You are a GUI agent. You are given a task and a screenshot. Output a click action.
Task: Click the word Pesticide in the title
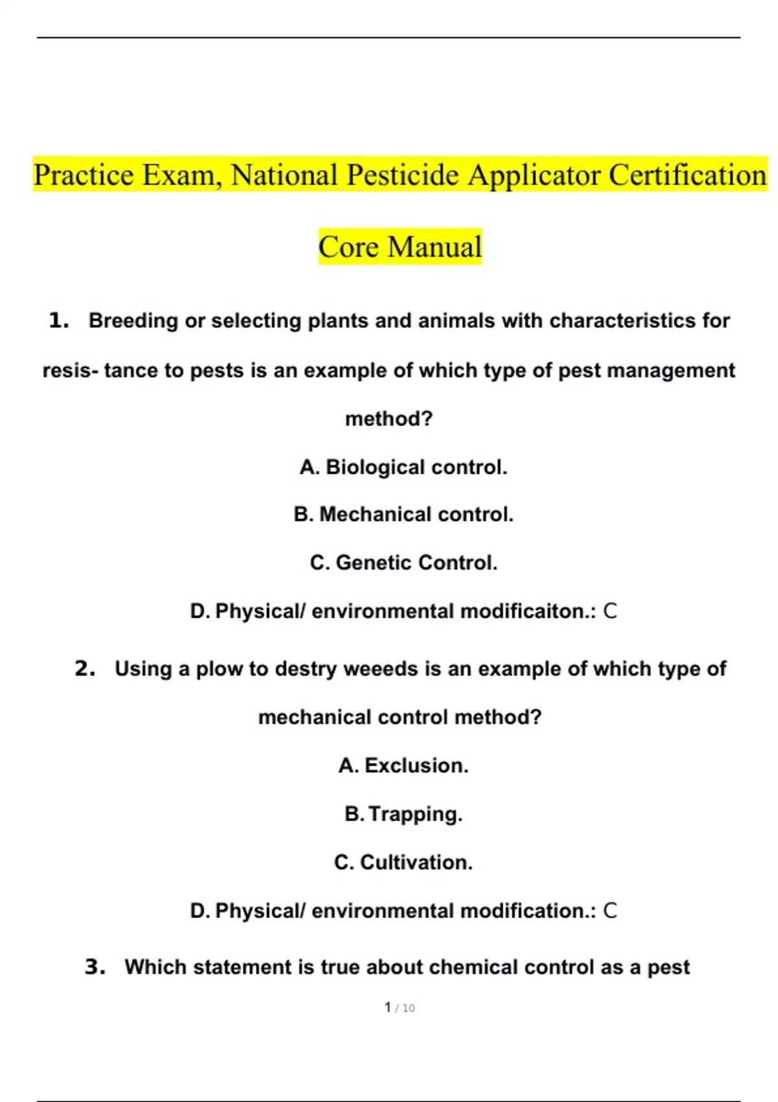click(403, 175)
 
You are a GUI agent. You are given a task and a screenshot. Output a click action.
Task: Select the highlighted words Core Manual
click(400, 247)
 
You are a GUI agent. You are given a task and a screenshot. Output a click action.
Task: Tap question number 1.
click(58, 320)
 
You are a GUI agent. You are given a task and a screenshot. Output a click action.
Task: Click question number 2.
click(85, 668)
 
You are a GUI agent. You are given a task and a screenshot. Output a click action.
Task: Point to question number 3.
click(95, 967)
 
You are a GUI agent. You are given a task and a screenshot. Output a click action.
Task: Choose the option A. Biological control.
click(403, 467)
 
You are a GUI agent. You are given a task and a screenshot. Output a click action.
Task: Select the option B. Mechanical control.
click(403, 515)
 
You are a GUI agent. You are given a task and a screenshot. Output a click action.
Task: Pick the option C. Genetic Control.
click(403, 563)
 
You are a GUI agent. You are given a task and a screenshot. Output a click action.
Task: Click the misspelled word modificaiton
click(528, 611)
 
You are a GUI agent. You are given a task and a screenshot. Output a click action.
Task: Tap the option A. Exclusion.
click(403, 766)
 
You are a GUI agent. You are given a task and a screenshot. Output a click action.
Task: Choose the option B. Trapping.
click(403, 814)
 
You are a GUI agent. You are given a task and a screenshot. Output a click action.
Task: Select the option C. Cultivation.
click(403, 862)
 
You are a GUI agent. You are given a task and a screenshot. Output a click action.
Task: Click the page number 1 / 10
click(399, 1008)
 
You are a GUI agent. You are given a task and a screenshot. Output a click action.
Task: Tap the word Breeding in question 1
click(133, 321)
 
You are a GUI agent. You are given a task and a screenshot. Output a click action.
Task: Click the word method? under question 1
click(389, 419)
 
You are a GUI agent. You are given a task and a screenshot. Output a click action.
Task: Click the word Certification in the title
click(687, 175)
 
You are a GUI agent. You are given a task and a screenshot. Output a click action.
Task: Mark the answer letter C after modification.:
click(610, 911)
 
